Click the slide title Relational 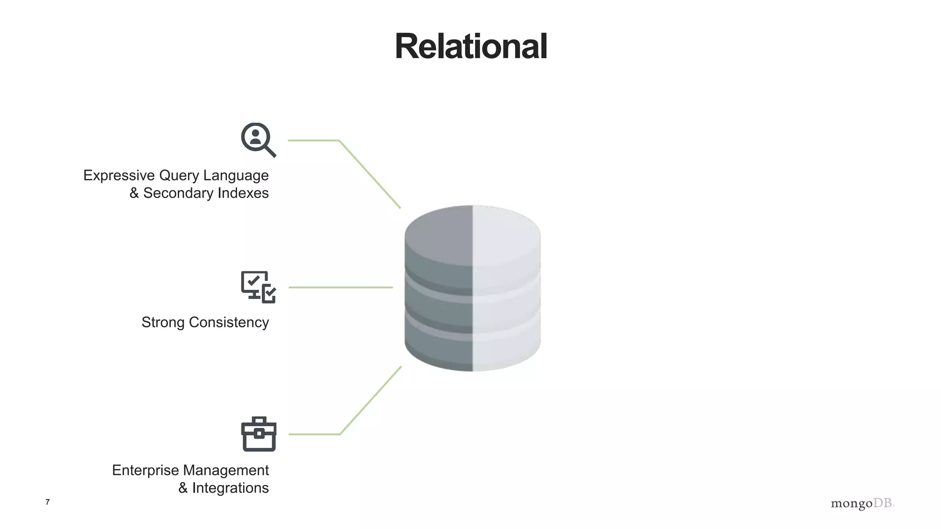point(470,47)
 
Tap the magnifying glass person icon point(257,139)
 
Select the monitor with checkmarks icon point(258,287)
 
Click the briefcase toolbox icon point(259,434)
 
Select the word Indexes point(243,193)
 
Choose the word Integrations point(230,488)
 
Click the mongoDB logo point(862,503)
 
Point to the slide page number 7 point(47,502)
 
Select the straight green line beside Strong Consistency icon point(340,287)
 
